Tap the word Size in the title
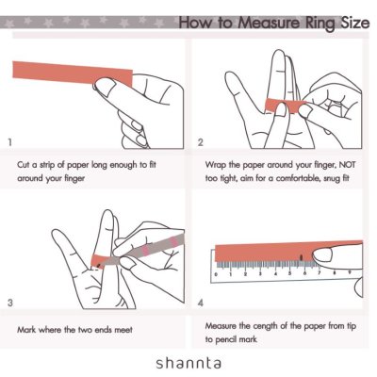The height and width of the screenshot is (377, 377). (355, 23)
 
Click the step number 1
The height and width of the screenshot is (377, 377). (10, 142)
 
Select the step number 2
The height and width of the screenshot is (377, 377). (201, 142)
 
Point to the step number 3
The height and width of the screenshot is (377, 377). (10, 303)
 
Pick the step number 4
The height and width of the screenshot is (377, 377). (201, 303)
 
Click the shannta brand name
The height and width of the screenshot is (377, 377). (188, 363)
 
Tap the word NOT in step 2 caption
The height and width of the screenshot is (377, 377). (347, 165)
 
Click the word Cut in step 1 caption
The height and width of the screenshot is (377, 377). (24, 165)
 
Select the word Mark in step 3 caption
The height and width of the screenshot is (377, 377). (26, 330)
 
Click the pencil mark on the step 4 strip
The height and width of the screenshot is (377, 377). (302, 257)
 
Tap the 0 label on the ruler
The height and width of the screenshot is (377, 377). (216, 274)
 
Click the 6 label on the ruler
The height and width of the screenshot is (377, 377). (304, 273)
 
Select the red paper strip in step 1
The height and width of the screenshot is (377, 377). (73, 74)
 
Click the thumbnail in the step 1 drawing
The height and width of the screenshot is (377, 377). (106, 86)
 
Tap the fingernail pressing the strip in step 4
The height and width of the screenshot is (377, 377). (322, 254)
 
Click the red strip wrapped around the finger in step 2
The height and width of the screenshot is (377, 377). (286, 106)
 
